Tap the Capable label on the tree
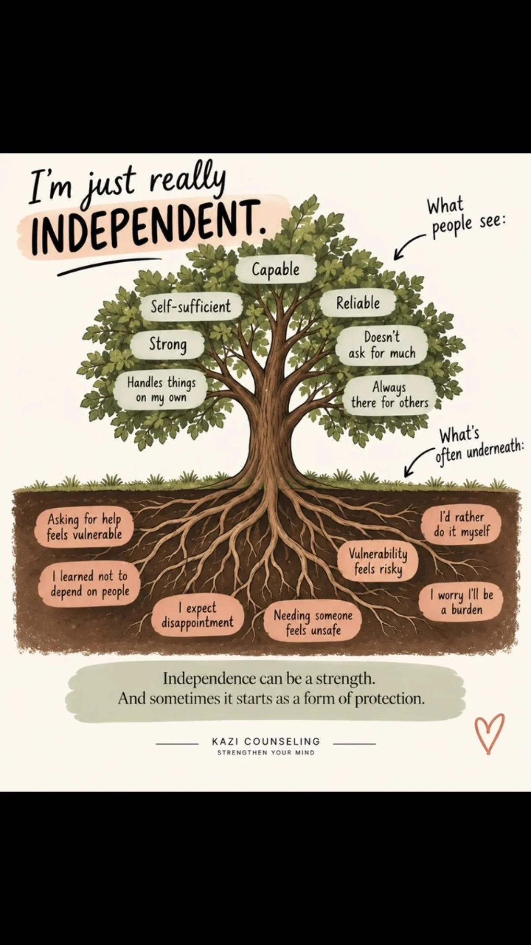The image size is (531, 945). click(276, 269)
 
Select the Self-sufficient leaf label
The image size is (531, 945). click(191, 306)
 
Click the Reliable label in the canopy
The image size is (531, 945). click(358, 303)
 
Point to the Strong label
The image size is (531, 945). click(168, 344)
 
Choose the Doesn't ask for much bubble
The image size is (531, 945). click(382, 346)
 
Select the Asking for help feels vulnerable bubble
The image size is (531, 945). click(84, 527)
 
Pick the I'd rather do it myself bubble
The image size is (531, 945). click(461, 524)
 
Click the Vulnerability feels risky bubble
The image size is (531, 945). click(378, 562)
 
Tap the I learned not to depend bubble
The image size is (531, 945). click(90, 584)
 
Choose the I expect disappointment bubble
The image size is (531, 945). click(197, 616)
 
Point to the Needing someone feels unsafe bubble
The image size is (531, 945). click(313, 622)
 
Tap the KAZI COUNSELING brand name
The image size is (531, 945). click(266, 741)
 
